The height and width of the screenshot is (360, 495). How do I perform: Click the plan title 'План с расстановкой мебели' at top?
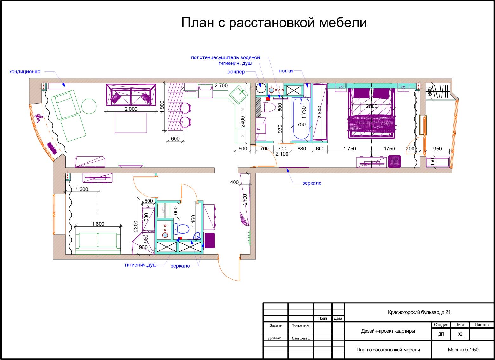tap(274, 23)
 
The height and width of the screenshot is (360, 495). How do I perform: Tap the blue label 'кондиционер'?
tap(25, 72)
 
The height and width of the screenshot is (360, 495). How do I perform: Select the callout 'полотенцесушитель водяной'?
tap(225, 57)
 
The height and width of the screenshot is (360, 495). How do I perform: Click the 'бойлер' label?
tap(236, 72)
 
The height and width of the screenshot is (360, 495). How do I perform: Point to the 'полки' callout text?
tap(286, 71)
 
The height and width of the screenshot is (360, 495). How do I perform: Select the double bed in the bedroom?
tap(372, 113)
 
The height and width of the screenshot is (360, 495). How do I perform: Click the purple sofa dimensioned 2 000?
tap(131, 95)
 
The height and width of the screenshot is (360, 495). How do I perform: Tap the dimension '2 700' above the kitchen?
tap(221, 86)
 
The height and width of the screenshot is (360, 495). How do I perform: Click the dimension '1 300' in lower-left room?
tap(82, 189)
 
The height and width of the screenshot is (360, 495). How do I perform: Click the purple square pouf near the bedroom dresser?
tap(394, 161)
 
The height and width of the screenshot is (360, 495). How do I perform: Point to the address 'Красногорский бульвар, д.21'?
tap(419, 312)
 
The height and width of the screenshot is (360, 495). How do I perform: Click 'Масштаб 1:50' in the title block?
tap(463, 350)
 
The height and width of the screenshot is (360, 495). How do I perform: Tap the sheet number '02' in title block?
tap(460, 334)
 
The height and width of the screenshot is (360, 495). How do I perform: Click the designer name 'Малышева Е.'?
tap(300, 338)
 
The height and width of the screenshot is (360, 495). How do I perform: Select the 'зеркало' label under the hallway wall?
tap(312, 183)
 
